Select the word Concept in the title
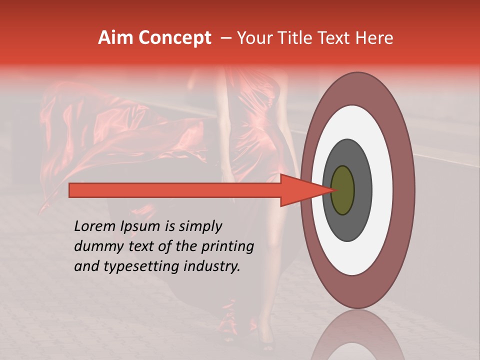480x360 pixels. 174,38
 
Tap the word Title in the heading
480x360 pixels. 296,37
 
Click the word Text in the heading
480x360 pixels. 336,37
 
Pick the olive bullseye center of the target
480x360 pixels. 342,190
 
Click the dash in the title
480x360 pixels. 226,38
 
